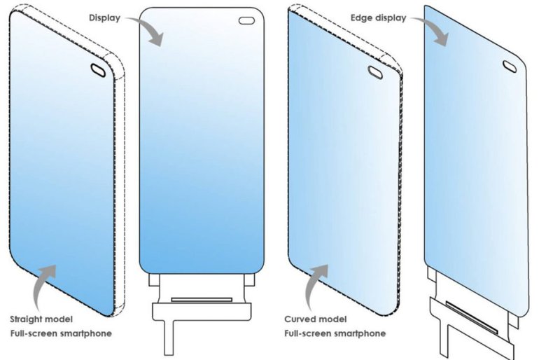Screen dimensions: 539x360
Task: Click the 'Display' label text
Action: (x=104, y=18)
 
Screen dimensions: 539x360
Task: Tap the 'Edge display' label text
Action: (x=378, y=18)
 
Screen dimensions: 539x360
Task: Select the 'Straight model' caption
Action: (x=41, y=319)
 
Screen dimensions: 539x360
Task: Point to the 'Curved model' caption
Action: (x=315, y=319)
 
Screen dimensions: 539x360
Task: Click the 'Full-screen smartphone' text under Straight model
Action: (x=61, y=333)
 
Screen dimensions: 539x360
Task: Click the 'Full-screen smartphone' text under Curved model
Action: (x=335, y=333)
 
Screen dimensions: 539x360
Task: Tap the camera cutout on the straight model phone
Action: (x=98, y=70)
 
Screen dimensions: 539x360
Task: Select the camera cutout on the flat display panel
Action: (x=246, y=21)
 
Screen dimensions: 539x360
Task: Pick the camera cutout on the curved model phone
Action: (x=375, y=72)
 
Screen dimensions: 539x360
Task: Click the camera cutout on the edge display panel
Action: (x=510, y=67)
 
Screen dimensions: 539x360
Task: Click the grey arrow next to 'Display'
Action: (x=146, y=30)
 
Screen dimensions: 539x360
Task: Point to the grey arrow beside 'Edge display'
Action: (x=431, y=30)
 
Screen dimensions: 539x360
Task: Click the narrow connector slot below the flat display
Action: (x=202, y=300)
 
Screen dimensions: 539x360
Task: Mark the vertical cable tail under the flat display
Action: (x=169, y=338)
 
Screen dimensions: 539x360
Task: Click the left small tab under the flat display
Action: (x=153, y=280)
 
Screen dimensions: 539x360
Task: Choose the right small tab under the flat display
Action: (x=250, y=280)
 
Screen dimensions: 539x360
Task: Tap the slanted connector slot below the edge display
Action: (x=472, y=317)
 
